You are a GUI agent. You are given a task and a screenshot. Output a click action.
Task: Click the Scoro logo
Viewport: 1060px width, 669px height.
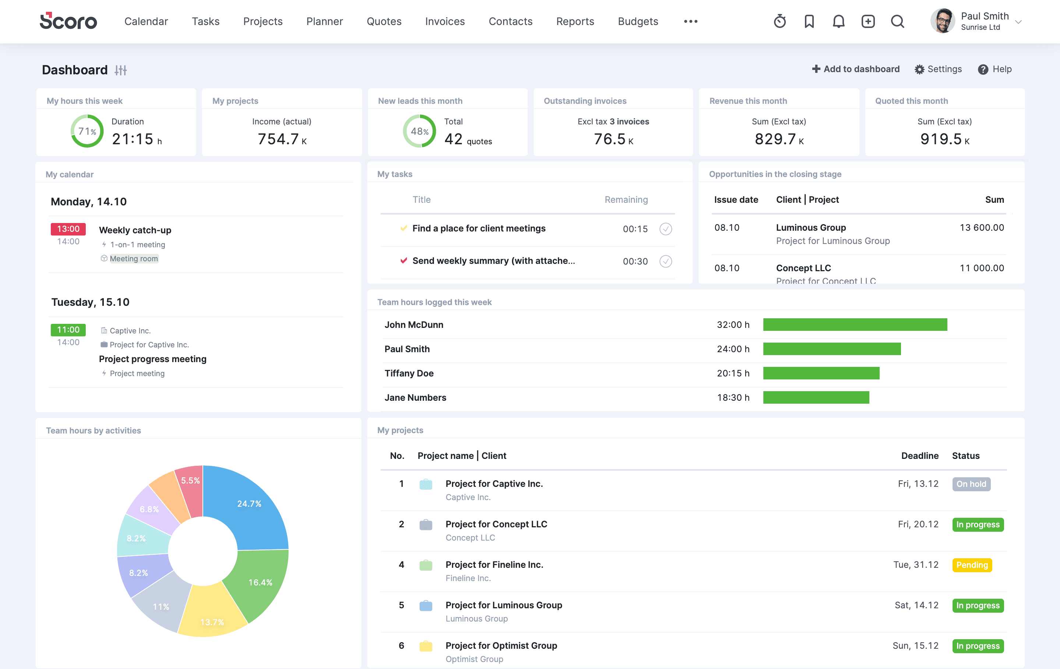pos(68,21)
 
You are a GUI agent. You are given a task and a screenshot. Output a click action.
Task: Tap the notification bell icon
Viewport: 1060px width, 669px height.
pos(838,21)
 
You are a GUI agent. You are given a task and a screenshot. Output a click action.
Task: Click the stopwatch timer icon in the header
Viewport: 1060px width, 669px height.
pos(780,21)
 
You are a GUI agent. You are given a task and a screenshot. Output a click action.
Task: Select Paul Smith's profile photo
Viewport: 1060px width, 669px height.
pos(943,21)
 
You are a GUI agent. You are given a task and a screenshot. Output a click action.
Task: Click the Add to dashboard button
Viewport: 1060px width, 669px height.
pos(855,69)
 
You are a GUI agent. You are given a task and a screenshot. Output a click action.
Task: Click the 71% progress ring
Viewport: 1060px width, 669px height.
pos(87,131)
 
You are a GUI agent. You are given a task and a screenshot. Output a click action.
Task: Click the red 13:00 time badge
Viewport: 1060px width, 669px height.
pos(68,229)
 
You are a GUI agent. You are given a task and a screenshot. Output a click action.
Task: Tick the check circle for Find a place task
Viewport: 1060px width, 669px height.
pos(665,229)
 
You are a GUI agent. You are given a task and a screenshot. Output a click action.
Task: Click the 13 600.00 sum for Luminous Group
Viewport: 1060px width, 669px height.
pos(981,227)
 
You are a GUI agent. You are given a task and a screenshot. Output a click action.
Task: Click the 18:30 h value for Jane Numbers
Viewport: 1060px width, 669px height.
pos(732,397)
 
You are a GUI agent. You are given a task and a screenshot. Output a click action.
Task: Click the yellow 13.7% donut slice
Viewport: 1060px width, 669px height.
pos(212,616)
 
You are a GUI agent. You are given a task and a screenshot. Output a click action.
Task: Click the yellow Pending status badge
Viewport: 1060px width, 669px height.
pos(972,565)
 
